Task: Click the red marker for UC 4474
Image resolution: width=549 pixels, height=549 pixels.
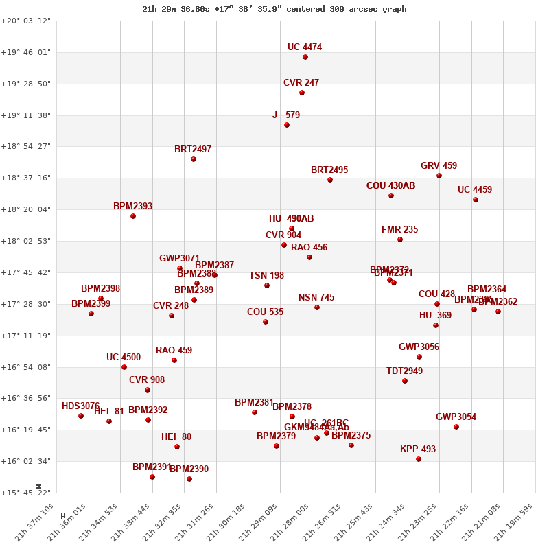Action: pyautogui.click(x=305, y=57)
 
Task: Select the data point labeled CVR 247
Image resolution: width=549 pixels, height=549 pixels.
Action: pyautogui.click(x=302, y=93)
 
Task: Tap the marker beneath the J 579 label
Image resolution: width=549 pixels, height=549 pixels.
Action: pyautogui.click(x=287, y=125)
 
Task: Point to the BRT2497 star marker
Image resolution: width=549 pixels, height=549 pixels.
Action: pyautogui.click(x=194, y=159)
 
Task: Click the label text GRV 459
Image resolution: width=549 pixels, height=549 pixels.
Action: pyautogui.click(x=439, y=166)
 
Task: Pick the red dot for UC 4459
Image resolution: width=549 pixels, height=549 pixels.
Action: pyautogui.click(x=476, y=200)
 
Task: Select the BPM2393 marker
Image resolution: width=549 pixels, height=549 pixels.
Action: pyautogui.click(x=133, y=216)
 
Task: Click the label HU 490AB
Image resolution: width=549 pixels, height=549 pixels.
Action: pyautogui.click(x=291, y=219)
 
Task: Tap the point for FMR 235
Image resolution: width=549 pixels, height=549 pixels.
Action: pyautogui.click(x=400, y=240)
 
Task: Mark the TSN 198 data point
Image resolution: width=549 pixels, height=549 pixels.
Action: pyautogui.click(x=267, y=285)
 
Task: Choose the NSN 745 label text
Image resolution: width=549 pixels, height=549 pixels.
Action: pyautogui.click(x=316, y=298)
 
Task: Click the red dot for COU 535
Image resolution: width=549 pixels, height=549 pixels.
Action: pyautogui.click(x=266, y=322)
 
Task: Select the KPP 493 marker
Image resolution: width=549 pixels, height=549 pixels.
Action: pyautogui.click(x=419, y=459)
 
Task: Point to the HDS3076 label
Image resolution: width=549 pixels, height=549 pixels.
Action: pyautogui.click(x=80, y=406)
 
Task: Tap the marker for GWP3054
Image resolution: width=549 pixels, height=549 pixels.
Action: pyautogui.click(x=456, y=427)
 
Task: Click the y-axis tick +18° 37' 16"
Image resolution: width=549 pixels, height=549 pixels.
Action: pyautogui.click(x=25, y=178)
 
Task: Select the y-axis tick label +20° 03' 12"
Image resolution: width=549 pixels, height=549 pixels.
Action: pyautogui.click(x=25, y=21)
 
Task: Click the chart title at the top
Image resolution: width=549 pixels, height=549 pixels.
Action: pyautogui.click(x=274, y=9)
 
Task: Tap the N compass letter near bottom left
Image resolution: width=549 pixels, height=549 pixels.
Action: pyautogui.click(x=38, y=486)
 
